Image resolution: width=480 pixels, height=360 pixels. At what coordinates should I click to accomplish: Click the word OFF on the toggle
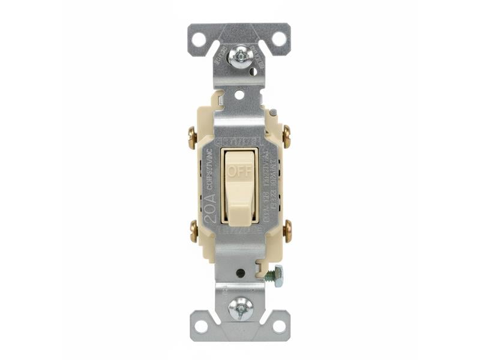pos(239,171)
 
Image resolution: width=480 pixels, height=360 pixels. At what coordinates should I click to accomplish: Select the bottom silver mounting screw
pos(240,308)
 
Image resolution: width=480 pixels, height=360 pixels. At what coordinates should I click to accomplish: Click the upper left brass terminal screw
pos(193,137)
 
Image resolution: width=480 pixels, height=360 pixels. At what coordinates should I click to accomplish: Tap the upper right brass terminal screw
pos(287,137)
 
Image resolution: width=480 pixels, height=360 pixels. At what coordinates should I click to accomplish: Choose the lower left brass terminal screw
pos(193,232)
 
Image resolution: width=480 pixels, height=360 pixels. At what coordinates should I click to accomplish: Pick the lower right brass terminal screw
pos(287,232)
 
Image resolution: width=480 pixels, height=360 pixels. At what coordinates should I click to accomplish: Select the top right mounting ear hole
pos(279,40)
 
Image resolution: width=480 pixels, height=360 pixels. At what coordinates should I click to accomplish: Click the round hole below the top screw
pos(239,94)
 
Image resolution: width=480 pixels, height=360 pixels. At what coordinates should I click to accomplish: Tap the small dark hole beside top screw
pos(253,71)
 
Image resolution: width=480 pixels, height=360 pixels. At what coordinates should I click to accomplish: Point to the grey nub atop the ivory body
pos(274,112)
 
